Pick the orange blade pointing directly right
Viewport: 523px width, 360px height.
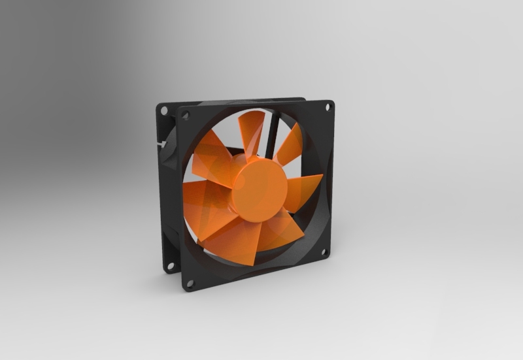tap(303, 189)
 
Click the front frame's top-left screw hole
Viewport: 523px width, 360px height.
tap(186, 115)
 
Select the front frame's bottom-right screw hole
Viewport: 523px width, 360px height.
tap(323, 252)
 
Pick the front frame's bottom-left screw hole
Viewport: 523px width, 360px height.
tap(190, 284)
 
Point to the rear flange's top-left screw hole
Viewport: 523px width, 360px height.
tap(164, 110)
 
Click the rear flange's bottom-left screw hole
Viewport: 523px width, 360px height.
tap(170, 266)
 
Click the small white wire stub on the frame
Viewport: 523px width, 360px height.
tap(160, 142)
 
